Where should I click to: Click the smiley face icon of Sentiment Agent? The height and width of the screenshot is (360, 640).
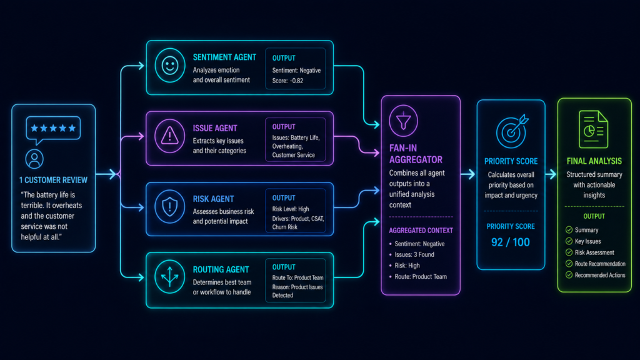pos(170,65)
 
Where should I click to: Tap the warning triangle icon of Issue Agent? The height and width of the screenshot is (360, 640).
pos(170,136)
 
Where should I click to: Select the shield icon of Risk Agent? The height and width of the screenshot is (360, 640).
pos(170,206)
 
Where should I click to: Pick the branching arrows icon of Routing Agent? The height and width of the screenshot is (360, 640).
pos(170,277)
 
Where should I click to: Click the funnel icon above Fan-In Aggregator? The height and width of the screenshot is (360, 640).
pos(403,121)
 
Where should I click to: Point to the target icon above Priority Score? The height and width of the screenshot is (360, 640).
pos(512,131)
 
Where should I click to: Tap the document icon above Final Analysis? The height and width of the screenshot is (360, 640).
pos(594,129)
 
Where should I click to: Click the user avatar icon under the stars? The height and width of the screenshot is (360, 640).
pos(34,159)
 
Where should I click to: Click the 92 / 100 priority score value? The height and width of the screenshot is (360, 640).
pos(510,242)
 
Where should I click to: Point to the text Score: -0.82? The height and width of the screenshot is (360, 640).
pos(287,81)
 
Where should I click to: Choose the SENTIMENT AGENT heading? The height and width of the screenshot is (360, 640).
pos(224,57)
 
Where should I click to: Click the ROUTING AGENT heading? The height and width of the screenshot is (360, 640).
pos(221,270)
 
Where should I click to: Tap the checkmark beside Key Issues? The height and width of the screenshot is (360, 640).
pos(569,241)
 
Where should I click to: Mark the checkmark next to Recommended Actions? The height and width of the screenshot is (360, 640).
pos(569,275)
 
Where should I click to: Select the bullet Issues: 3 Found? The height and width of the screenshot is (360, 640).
pos(412,255)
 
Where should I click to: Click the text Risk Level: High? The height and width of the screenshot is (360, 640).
pos(291,209)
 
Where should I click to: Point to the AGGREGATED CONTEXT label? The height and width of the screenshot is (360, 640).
pos(421,231)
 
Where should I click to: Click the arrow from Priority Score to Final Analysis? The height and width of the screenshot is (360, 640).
pos(551,174)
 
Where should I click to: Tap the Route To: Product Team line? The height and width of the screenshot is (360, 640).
pos(298,277)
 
